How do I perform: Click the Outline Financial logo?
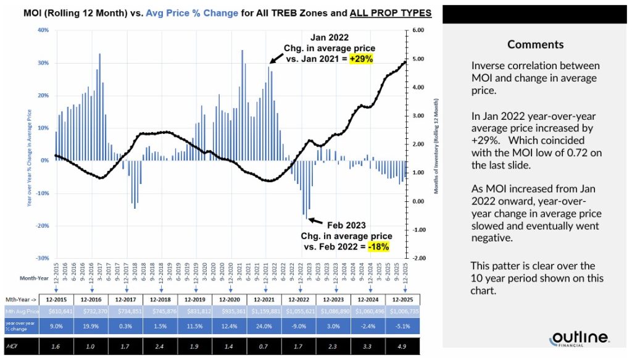coord(580,338)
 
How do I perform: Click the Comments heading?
coord(535,44)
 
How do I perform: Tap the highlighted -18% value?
coord(378,246)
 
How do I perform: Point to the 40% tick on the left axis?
coord(44,30)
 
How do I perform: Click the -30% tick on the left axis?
coord(43,258)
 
